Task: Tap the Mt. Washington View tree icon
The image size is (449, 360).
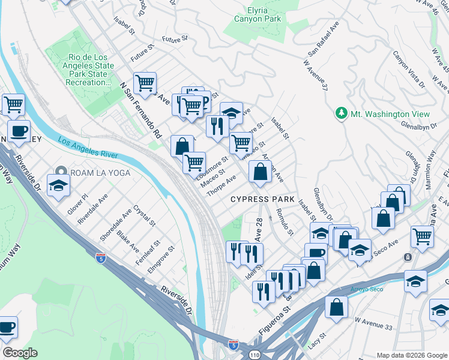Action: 342,113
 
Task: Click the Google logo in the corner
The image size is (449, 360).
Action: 20,352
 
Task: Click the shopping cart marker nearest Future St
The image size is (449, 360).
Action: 145,84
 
